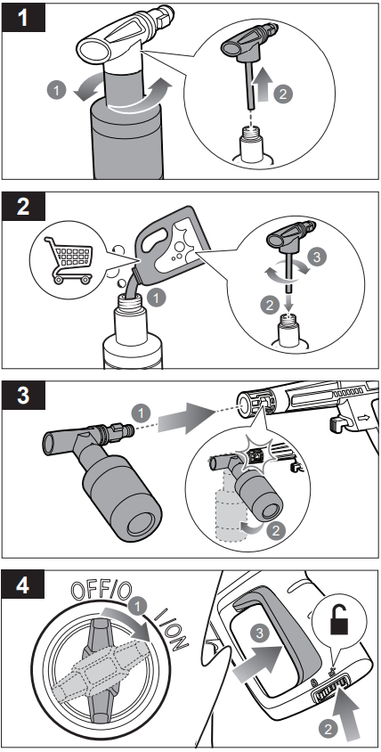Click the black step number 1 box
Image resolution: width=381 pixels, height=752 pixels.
coord(23,18)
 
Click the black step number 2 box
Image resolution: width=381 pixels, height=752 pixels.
coord(23,207)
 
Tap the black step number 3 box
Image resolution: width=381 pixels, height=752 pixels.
coord(23,396)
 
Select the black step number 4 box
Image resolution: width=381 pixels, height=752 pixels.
coord(23,585)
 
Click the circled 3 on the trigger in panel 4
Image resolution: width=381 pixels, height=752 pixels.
coord(259,633)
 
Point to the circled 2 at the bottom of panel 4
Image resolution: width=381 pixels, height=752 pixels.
coord(328,731)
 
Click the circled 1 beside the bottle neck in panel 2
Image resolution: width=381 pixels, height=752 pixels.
coord(156,298)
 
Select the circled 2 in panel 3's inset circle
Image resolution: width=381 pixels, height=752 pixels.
coord(276,531)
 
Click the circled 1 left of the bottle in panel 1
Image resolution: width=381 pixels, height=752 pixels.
coord(56,90)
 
